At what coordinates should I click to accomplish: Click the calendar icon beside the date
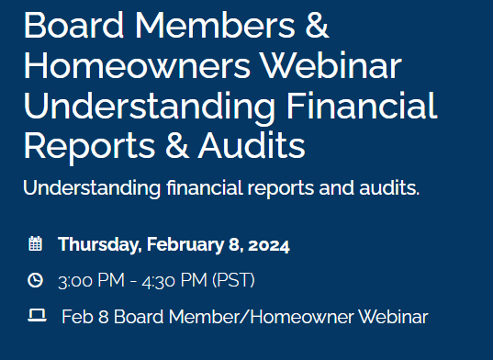pos(36,244)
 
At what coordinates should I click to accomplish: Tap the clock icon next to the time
pos(36,280)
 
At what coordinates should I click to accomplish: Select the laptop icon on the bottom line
pos(37,317)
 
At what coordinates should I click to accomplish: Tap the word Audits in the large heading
pos(247,146)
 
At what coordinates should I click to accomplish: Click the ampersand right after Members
pos(315,26)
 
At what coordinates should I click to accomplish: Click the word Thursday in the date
pos(96,245)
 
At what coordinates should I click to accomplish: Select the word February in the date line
pos(178,245)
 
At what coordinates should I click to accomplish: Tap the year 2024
pos(267,245)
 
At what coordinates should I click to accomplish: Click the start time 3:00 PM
pos(89,280)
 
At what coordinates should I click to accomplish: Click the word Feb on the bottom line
pos(76,318)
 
